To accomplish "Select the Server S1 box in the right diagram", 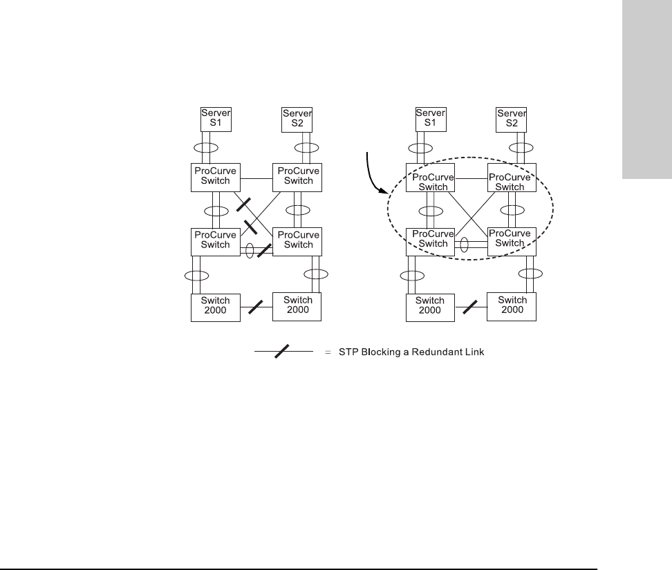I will point(429,119).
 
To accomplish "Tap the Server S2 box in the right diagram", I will point(512,119).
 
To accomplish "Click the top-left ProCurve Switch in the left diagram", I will point(216,177).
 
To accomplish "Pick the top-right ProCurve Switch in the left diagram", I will point(299,177).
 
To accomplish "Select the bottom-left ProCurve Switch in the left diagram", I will point(216,240).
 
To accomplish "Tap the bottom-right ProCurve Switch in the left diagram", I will point(299,240).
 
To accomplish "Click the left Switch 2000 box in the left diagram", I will point(216,305).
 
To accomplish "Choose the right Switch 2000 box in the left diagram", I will point(298,305).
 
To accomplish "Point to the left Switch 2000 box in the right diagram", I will point(430,305).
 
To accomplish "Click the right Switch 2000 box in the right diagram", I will point(512,305).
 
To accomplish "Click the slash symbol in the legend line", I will point(282,352).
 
